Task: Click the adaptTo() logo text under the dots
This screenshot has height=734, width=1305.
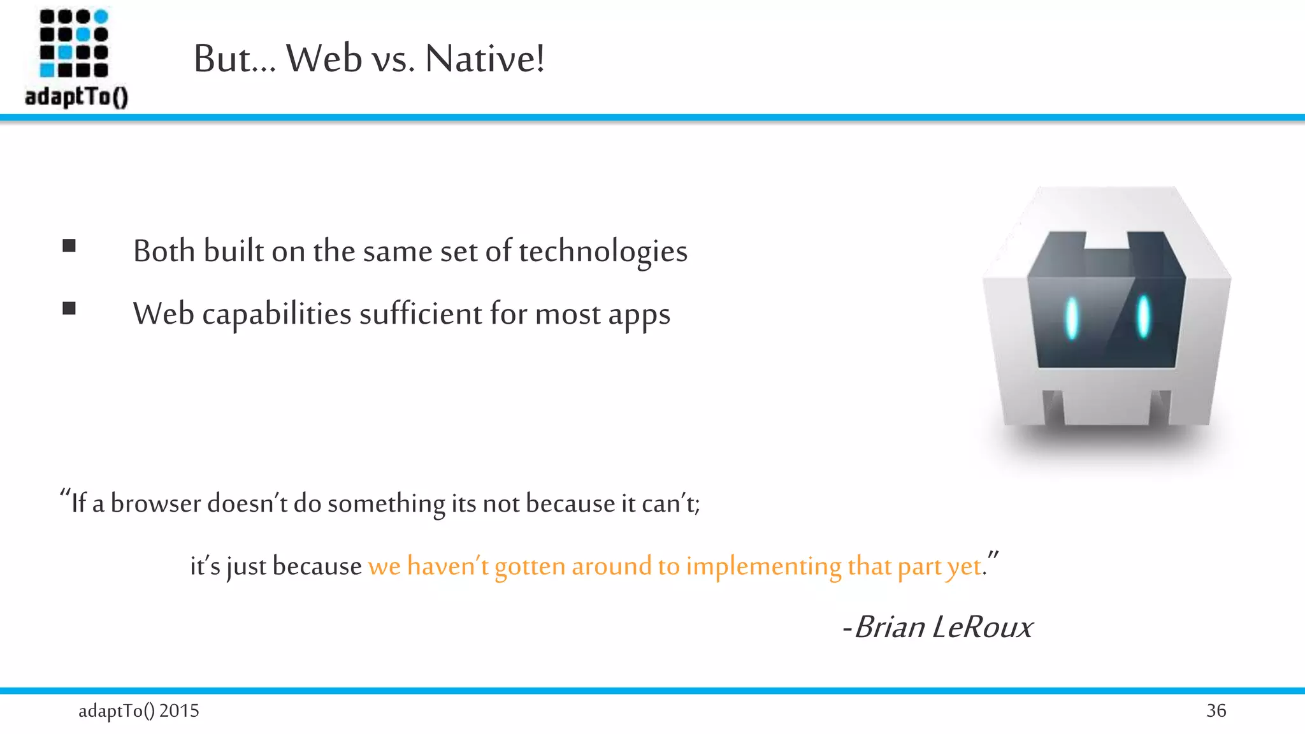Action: (x=76, y=97)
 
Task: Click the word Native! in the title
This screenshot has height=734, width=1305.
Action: (x=484, y=59)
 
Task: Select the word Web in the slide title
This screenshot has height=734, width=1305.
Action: (x=324, y=59)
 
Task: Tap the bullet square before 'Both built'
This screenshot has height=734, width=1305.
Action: (x=69, y=246)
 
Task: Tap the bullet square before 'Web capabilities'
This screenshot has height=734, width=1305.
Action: (x=69, y=309)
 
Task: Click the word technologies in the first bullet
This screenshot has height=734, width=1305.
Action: (x=603, y=251)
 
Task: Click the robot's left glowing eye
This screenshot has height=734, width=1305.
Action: (x=1072, y=318)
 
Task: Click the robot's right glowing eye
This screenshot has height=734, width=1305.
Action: (x=1144, y=316)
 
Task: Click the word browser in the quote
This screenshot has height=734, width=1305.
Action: (x=156, y=503)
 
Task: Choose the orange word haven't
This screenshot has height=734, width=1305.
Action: (x=447, y=566)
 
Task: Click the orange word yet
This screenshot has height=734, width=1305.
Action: (x=963, y=566)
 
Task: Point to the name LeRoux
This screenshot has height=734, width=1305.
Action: (x=982, y=627)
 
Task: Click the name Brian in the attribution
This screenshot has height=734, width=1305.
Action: (x=890, y=627)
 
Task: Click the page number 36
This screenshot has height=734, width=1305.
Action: (x=1216, y=710)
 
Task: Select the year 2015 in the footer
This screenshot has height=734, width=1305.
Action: (x=179, y=710)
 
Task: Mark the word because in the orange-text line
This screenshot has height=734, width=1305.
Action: (x=317, y=566)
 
